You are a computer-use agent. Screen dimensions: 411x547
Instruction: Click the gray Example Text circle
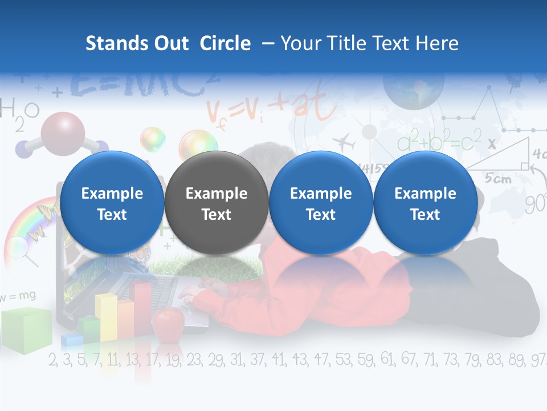217,203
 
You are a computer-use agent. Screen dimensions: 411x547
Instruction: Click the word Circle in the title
225,43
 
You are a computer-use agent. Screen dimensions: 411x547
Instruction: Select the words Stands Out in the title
137,43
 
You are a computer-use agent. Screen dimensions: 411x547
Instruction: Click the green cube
26,330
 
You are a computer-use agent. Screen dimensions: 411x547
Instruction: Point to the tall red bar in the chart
142,303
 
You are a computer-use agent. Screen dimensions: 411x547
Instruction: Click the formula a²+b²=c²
439,140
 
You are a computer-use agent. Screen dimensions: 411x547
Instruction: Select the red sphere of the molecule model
63,130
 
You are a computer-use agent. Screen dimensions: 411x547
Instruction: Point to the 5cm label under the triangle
498,179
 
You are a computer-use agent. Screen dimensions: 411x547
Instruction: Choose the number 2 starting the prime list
53,360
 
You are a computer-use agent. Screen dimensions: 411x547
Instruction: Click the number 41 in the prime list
279,360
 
